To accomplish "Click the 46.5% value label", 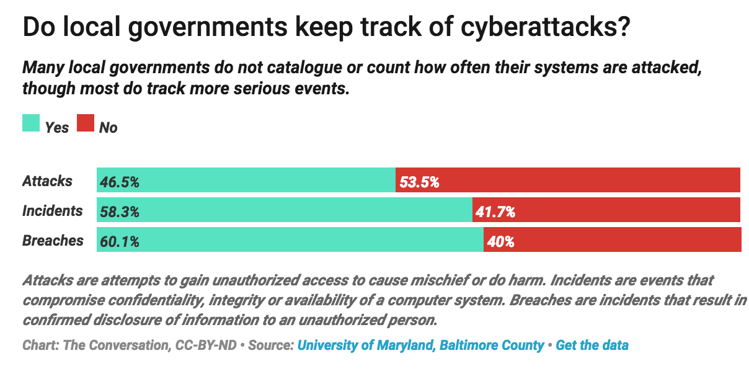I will click(x=119, y=182).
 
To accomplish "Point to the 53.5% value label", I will click(x=419, y=182).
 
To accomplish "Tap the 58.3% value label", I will click(x=119, y=212).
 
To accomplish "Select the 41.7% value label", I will click(x=495, y=212).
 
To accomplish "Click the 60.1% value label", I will click(x=119, y=241).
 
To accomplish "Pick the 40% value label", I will click(x=501, y=241).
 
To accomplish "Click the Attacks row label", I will click(x=48, y=181).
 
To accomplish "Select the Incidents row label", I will click(x=52, y=211).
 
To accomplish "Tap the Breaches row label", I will click(x=53, y=241).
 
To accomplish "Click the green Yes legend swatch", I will click(x=31, y=123).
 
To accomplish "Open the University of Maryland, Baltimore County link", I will click(x=421, y=345).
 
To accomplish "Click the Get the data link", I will click(x=592, y=345).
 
